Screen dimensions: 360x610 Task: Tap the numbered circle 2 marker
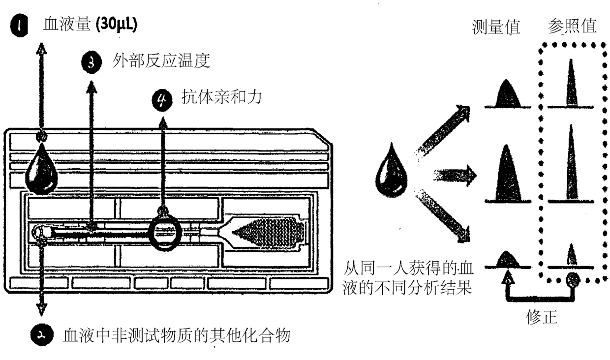[x=40, y=335]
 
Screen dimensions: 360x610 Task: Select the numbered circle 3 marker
[x=91, y=62]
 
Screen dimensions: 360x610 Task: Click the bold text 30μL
[x=117, y=25]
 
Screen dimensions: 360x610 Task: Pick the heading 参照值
[x=572, y=26]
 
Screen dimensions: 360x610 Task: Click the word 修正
[x=542, y=317]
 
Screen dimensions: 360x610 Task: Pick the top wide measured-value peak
[x=507, y=94]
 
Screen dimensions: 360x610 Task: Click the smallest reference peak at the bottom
[x=572, y=255]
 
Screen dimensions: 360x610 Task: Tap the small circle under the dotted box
[x=573, y=280]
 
